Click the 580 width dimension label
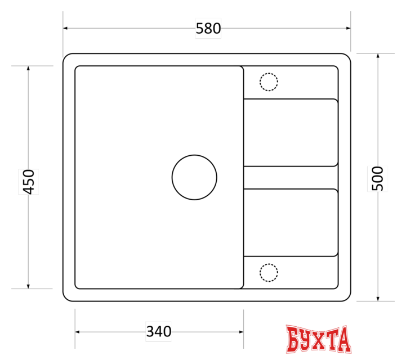pos(208,29)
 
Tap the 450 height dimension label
pos(29,182)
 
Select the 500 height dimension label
pos(377,179)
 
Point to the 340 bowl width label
pos(159,331)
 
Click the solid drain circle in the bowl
pos(194,155)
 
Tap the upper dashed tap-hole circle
pos(269,73)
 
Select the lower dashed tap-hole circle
pos(269,264)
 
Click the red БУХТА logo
pos(319,339)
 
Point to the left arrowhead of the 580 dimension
pos(65,28)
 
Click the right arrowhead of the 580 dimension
pos(348,28)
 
